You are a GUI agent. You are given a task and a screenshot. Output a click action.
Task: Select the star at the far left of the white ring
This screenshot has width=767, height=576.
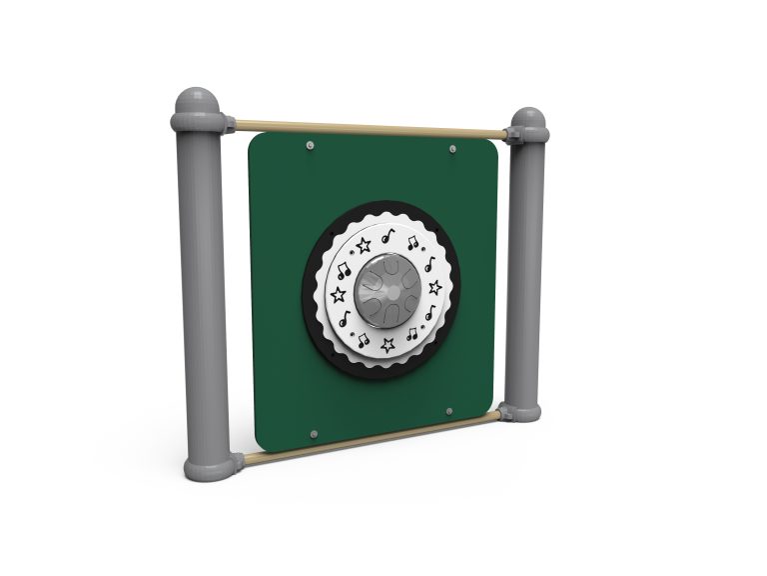point(338,294)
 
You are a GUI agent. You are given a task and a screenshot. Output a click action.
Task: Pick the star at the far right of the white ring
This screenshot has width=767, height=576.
point(435,287)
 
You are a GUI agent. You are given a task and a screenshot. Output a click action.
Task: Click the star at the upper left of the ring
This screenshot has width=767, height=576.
point(364,245)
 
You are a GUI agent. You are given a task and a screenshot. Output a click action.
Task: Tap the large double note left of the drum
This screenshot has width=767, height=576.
point(343,270)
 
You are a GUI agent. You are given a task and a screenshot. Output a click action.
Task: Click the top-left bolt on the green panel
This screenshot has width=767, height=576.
point(310,146)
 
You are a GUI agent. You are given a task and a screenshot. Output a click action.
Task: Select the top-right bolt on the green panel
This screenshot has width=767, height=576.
point(452,149)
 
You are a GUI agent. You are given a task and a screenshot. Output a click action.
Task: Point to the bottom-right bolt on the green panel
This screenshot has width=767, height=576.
point(448,411)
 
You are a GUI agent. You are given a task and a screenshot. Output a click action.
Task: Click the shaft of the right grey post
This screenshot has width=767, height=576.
point(524,270)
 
